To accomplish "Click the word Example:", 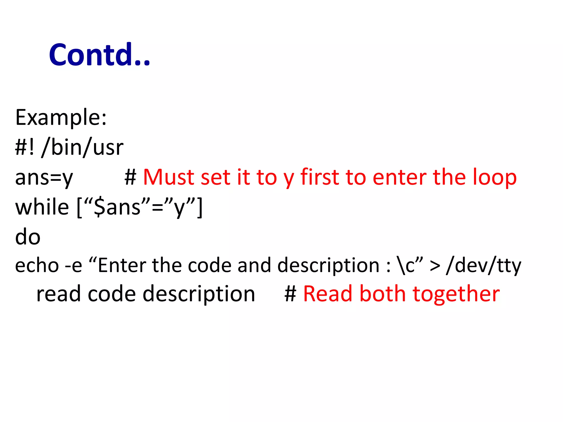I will tap(61, 117).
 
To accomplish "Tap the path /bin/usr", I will tap(82, 148).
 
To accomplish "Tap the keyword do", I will tap(28, 237).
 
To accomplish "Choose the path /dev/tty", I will tap(484, 266).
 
